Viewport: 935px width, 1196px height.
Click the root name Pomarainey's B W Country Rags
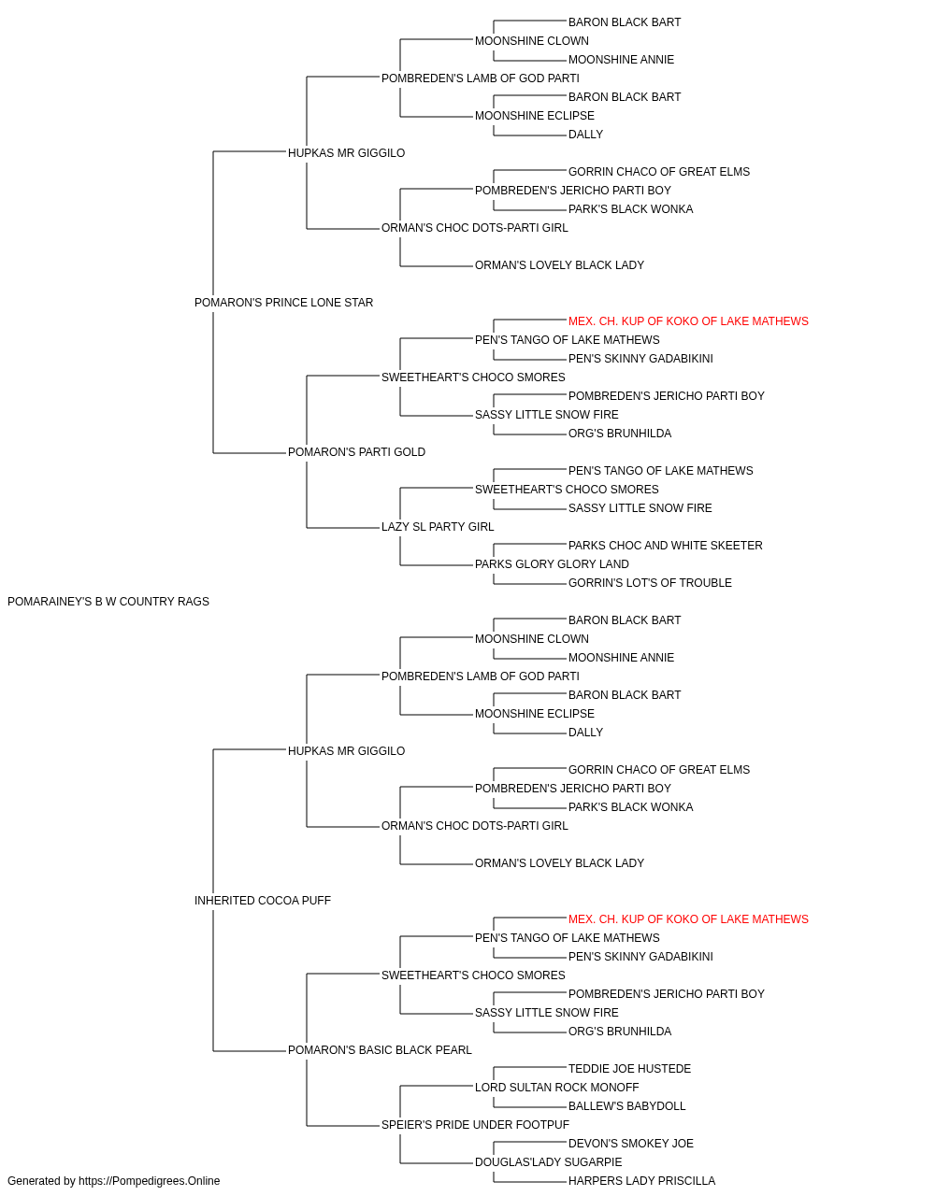click(x=108, y=602)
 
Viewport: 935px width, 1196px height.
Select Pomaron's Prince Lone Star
click(x=283, y=303)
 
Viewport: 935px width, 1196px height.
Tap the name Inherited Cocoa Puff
click(x=263, y=901)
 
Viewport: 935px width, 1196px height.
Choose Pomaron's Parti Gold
click(x=356, y=452)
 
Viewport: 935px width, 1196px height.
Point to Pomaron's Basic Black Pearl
click(x=380, y=1050)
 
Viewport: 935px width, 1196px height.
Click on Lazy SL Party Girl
click(x=438, y=527)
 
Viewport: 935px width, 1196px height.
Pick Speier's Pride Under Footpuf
click(x=475, y=1125)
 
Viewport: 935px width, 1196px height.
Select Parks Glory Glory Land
click(x=552, y=564)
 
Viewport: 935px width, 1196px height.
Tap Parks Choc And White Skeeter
click(x=665, y=546)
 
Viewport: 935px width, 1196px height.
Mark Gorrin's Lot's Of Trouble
click(x=650, y=583)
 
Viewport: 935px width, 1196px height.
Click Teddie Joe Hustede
click(x=629, y=1069)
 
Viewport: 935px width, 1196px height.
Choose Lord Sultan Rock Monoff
click(x=556, y=1088)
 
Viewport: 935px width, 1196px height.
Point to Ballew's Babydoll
click(x=626, y=1106)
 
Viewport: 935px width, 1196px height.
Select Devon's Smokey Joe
click(x=630, y=1144)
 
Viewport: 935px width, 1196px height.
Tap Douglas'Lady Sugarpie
click(x=549, y=1162)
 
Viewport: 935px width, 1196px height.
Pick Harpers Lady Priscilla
click(x=641, y=1181)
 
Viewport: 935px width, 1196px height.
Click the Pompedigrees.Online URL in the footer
click(x=150, y=1181)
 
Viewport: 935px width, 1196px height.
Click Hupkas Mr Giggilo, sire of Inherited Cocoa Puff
click(x=346, y=751)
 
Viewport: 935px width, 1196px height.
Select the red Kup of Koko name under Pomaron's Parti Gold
click(x=688, y=321)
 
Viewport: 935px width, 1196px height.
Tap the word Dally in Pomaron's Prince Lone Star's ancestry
click(x=585, y=135)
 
